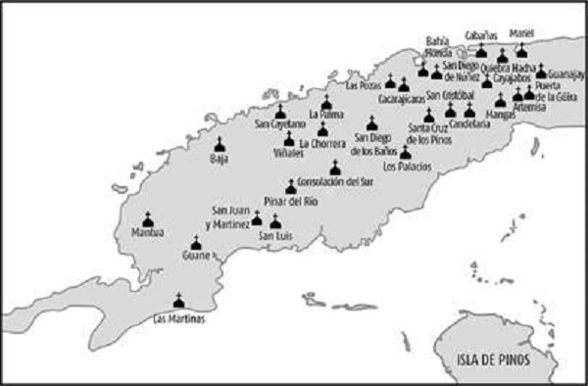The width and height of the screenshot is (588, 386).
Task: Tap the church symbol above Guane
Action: coord(195,242)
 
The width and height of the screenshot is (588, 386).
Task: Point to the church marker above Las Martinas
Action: coord(177,302)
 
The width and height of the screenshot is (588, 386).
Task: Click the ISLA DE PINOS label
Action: coord(492,359)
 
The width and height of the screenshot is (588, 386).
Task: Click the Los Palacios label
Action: coord(404,166)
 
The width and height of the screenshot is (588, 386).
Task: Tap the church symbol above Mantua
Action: coord(148,218)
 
